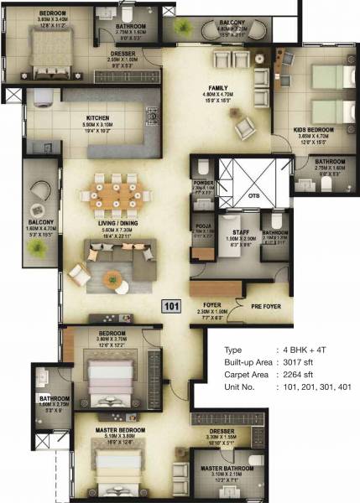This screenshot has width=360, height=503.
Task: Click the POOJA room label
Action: coord(201,226)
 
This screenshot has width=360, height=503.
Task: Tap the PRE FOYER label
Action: coord(266,306)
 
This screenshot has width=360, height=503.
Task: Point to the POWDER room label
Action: coord(204,185)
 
